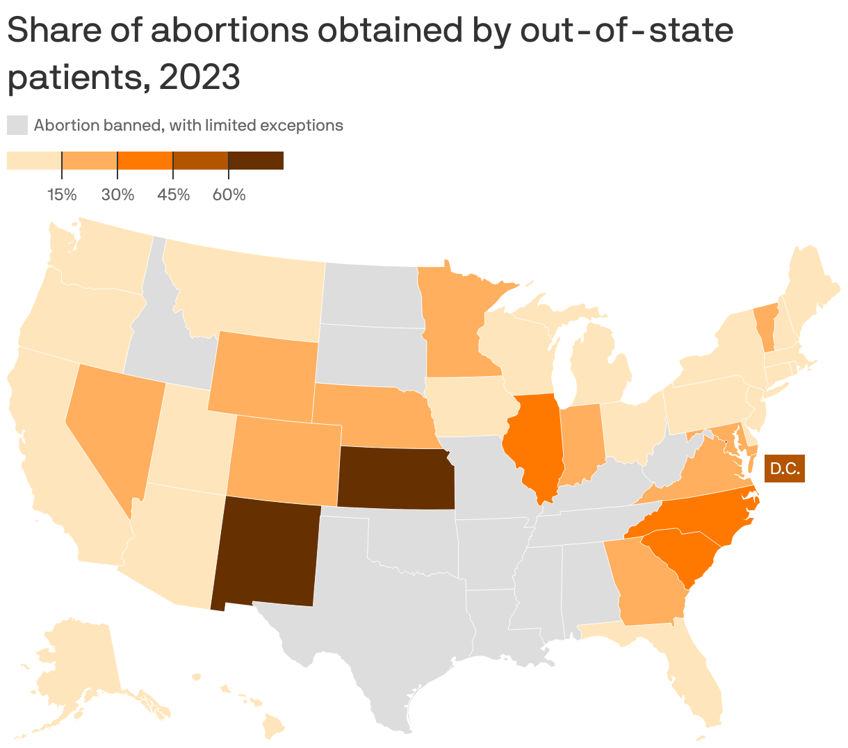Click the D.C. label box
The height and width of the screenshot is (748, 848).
coord(784,469)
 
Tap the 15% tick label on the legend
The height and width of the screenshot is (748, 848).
coord(62,195)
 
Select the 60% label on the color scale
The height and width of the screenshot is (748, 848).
coord(229,195)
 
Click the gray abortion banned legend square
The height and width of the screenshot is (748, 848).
coord(17,126)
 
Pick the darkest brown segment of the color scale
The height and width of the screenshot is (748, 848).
coord(256,161)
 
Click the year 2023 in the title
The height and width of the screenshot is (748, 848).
coord(199,76)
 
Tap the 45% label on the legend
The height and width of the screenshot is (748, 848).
coord(173,195)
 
